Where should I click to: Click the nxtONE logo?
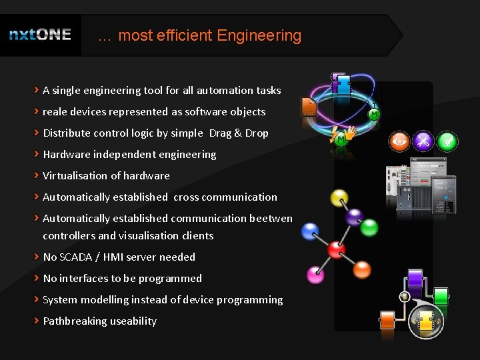[x=40, y=35]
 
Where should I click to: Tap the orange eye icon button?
[x=399, y=141]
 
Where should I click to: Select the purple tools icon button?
[x=423, y=141]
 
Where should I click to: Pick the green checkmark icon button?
[x=447, y=141]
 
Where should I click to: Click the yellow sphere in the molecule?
[x=339, y=198]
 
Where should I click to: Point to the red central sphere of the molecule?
[x=337, y=250]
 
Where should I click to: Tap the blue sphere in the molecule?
[x=310, y=231]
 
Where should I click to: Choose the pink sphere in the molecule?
[x=315, y=274]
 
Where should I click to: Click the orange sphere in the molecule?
[x=362, y=269]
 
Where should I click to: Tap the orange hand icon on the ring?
[x=350, y=133]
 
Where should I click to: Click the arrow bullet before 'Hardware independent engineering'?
[x=37, y=154]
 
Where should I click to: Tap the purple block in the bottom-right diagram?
[x=415, y=278]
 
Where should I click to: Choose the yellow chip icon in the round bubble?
[x=424, y=323]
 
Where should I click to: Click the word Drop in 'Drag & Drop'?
[x=257, y=133]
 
